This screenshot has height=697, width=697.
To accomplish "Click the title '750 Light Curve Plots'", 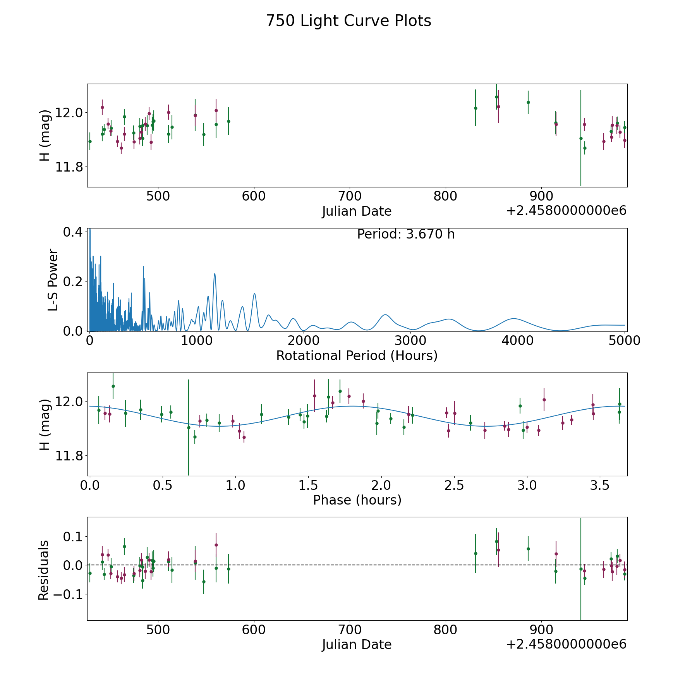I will coord(348,21).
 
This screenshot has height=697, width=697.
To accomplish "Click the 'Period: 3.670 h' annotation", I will coord(406,234).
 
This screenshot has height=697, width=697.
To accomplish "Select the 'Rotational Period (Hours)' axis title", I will coord(357,355).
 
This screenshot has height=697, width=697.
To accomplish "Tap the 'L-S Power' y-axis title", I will coord(53,280).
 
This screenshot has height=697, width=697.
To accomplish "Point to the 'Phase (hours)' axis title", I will coord(357,500).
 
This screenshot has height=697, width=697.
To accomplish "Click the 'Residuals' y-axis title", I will coord(44,570).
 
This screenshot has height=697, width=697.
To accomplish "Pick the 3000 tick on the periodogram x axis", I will coord(410,341).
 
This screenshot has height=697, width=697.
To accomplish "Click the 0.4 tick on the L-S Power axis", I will coord(72,232).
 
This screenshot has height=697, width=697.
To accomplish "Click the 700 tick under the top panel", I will coord(349,196).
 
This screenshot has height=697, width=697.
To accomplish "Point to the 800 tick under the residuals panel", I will coord(445,630).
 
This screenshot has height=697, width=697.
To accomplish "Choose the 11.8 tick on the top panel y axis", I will coord(69,167).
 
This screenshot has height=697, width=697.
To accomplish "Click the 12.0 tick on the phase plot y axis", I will coord(69,402).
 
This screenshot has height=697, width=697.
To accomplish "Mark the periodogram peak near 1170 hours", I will coord(215,274).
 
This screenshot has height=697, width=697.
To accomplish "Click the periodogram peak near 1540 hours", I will coord(254,294).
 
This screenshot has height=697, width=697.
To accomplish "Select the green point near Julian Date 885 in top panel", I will coord(528,102).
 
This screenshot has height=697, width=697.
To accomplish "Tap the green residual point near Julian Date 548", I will coord(204,582).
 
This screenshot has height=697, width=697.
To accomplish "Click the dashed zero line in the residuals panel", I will coord(348,565).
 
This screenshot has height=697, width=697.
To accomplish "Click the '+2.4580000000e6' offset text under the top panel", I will coord(566,211).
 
